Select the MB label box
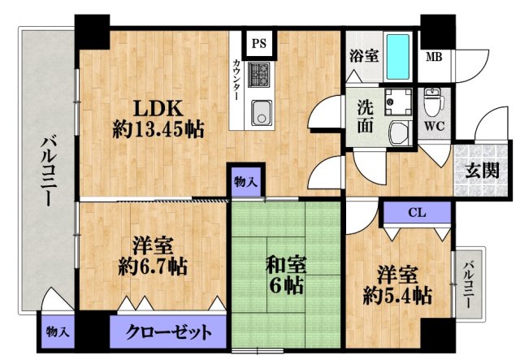pyautogui.click(x=435, y=57)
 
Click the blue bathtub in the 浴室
pyautogui.click(x=397, y=54)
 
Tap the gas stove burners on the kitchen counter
pyautogui.click(x=260, y=76)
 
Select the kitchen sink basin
pyautogui.click(x=261, y=112)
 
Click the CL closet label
pyautogui.click(x=416, y=214)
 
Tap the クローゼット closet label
pyautogui.click(x=171, y=332)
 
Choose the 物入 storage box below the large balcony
pyautogui.click(x=57, y=332)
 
